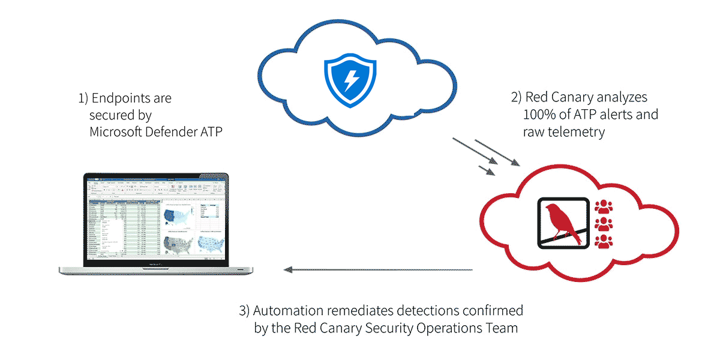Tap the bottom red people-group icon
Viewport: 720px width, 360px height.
point(604,242)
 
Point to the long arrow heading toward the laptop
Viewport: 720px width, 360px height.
point(378,270)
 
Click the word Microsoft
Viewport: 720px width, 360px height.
point(116,131)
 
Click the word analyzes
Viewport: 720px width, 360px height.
point(621,97)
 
